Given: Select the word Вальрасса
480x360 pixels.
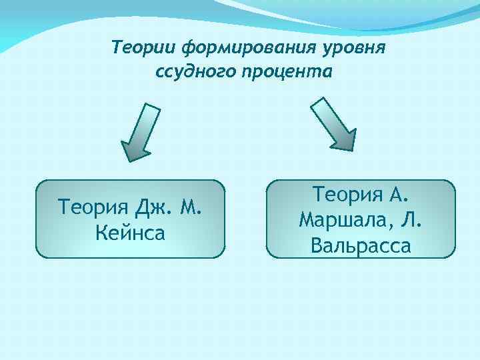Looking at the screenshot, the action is click(x=361, y=246).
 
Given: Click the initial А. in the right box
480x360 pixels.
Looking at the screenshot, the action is click(x=400, y=195).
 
